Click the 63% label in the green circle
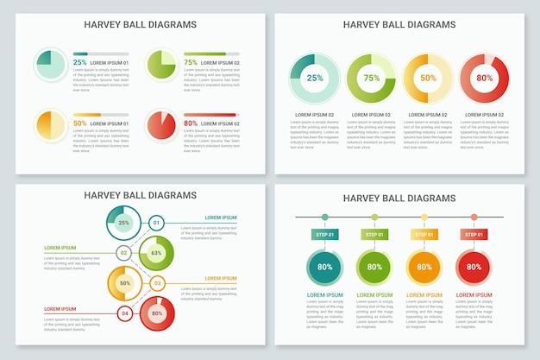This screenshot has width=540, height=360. tap(156, 253)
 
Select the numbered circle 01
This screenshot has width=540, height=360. tap(156, 223)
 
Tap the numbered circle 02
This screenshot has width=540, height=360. tap(124, 253)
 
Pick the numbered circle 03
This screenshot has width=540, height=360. tap(156, 282)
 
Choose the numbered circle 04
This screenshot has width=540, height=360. tap(124, 313)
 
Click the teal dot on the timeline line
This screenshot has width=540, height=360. tap(324, 217)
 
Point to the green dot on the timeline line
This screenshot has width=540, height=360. tap(374, 217)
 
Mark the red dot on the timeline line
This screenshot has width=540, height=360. tap(474, 217)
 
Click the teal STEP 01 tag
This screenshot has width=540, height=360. tap(324, 234)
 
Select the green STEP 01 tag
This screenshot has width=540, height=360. tap(374, 234)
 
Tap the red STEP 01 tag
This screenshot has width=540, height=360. tap(474, 234)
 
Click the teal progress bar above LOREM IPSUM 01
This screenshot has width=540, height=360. tap(101, 54)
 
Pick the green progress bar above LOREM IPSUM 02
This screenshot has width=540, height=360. tap(211, 54)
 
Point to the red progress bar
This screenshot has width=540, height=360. tap(211, 114)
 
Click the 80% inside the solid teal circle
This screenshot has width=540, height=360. tap(324, 267)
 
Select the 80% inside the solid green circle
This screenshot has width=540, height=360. tap(374, 267)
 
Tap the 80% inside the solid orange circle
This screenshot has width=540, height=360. tap(424, 267)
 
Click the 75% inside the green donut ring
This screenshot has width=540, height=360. tap(371, 79)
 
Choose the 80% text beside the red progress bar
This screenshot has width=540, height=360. tap(190, 123)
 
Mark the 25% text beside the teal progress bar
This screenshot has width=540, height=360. tap(79, 63)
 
